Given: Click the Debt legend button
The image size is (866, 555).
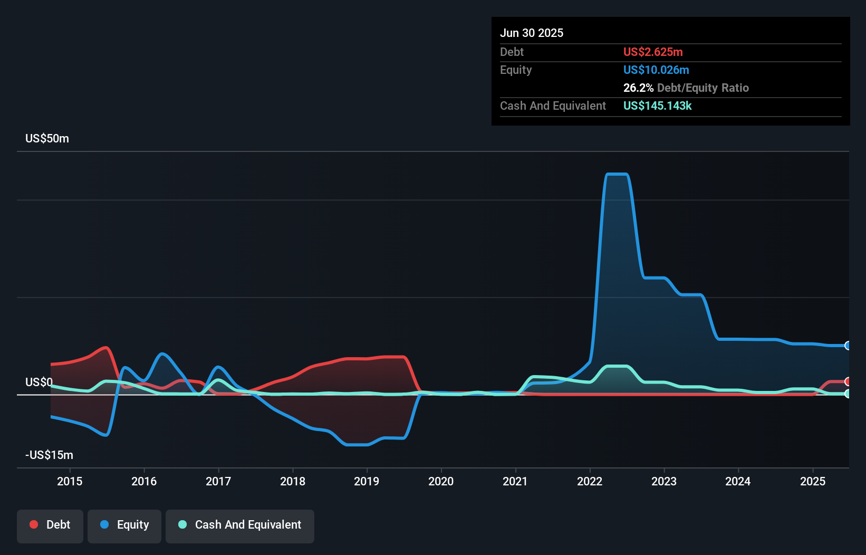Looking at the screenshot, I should click(50, 525).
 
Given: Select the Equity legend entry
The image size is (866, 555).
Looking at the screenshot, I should click(124, 525).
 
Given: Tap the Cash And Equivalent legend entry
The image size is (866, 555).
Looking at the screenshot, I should click(240, 525).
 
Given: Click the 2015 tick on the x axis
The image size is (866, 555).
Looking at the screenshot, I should click(70, 481).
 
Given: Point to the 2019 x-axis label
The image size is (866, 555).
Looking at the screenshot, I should click(367, 481).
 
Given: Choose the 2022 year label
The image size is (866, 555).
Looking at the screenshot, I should click(590, 481).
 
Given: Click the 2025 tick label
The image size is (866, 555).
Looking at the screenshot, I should click(813, 481).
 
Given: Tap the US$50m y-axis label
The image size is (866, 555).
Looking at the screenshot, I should click(47, 139).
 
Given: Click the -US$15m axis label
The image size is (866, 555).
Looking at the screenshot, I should click(49, 455).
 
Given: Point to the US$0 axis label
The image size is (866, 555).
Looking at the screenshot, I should click(39, 382).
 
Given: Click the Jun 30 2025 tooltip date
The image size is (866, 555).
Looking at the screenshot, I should click(532, 33).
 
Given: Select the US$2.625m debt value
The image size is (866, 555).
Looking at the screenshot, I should click(653, 52).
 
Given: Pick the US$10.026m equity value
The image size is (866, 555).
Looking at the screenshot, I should click(656, 70).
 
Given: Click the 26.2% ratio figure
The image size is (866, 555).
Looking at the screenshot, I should click(638, 88).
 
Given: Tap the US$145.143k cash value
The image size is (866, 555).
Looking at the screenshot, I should click(657, 106).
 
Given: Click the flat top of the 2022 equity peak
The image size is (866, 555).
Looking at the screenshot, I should click(617, 174).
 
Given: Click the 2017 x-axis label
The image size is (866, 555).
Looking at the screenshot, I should click(218, 481).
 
